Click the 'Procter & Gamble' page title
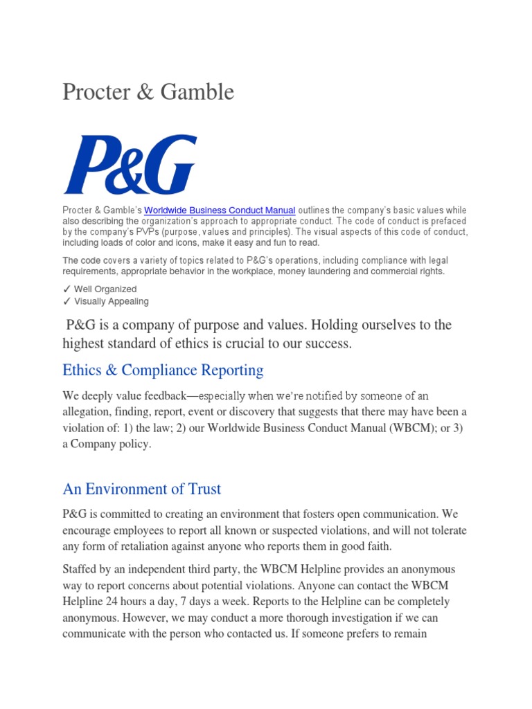coord(148,91)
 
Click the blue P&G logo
coord(130,165)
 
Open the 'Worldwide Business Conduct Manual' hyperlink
coord(220,210)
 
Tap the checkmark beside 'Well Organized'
coord(66,289)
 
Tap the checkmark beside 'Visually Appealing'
coord(66,301)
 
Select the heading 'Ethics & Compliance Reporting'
coord(163,370)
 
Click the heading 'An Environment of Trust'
coord(141,489)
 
